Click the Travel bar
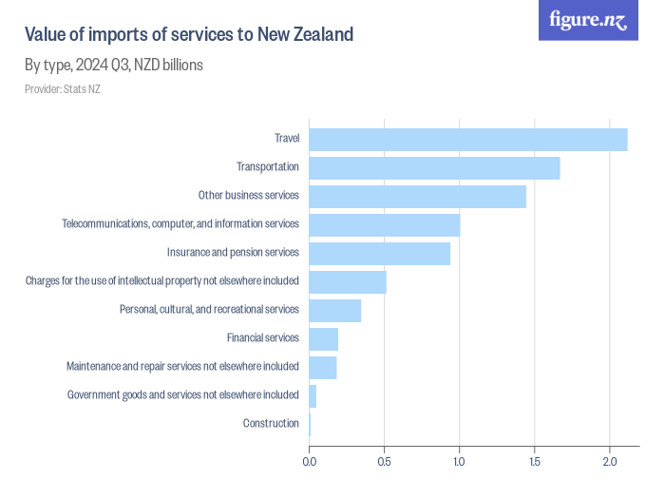pyautogui.click(x=468, y=139)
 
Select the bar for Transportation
pyautogui.click(x=434, y=167)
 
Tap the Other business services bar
pyautogui.click(x=417, y=196)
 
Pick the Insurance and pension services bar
pyautogui.click(x=379, y=253)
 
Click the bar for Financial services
pyautogui.click(x=323, y=338)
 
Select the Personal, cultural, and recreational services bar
pyautogui.click(x=334, y=310)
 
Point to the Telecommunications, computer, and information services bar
pyautogui.click(x=384, y=224)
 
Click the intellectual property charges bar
pyautogui.click(x=348, y=281)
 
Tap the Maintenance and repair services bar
pyautogui.click(x=323, y=367)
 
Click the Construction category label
pyautogui.click(x=271, y=423)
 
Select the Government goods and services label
pyautogui.click(x=183, y=394)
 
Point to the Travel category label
pyautogui.click(x=287, y=139)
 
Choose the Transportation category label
pyautogui.click(x=268, y=167)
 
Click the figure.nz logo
pyautogui.click(x=588, y=20)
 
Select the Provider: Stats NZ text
pyautogui.click(x=62, y=89)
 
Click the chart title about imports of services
pyautogui.click(x=188, y=35)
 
